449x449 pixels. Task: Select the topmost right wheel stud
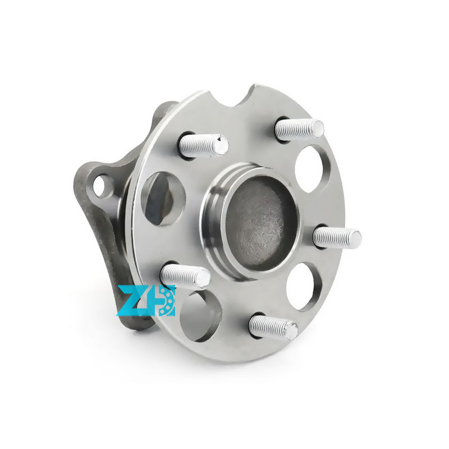(x=299, y=130)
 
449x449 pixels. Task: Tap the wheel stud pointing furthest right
(x=337, y=237)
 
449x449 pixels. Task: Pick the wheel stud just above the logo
(x=185, y=275)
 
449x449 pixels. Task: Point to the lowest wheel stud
(x=273, y=327)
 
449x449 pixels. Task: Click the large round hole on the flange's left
(x=163, y=198)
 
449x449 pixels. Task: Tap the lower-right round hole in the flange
(x=304, y=286)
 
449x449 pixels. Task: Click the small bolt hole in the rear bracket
(x=102, y=185)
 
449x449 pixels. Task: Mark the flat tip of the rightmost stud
(x=355, y=239)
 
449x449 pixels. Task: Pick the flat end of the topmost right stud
(x=318, y=129)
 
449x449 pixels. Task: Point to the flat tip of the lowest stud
(x=291, y=331)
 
